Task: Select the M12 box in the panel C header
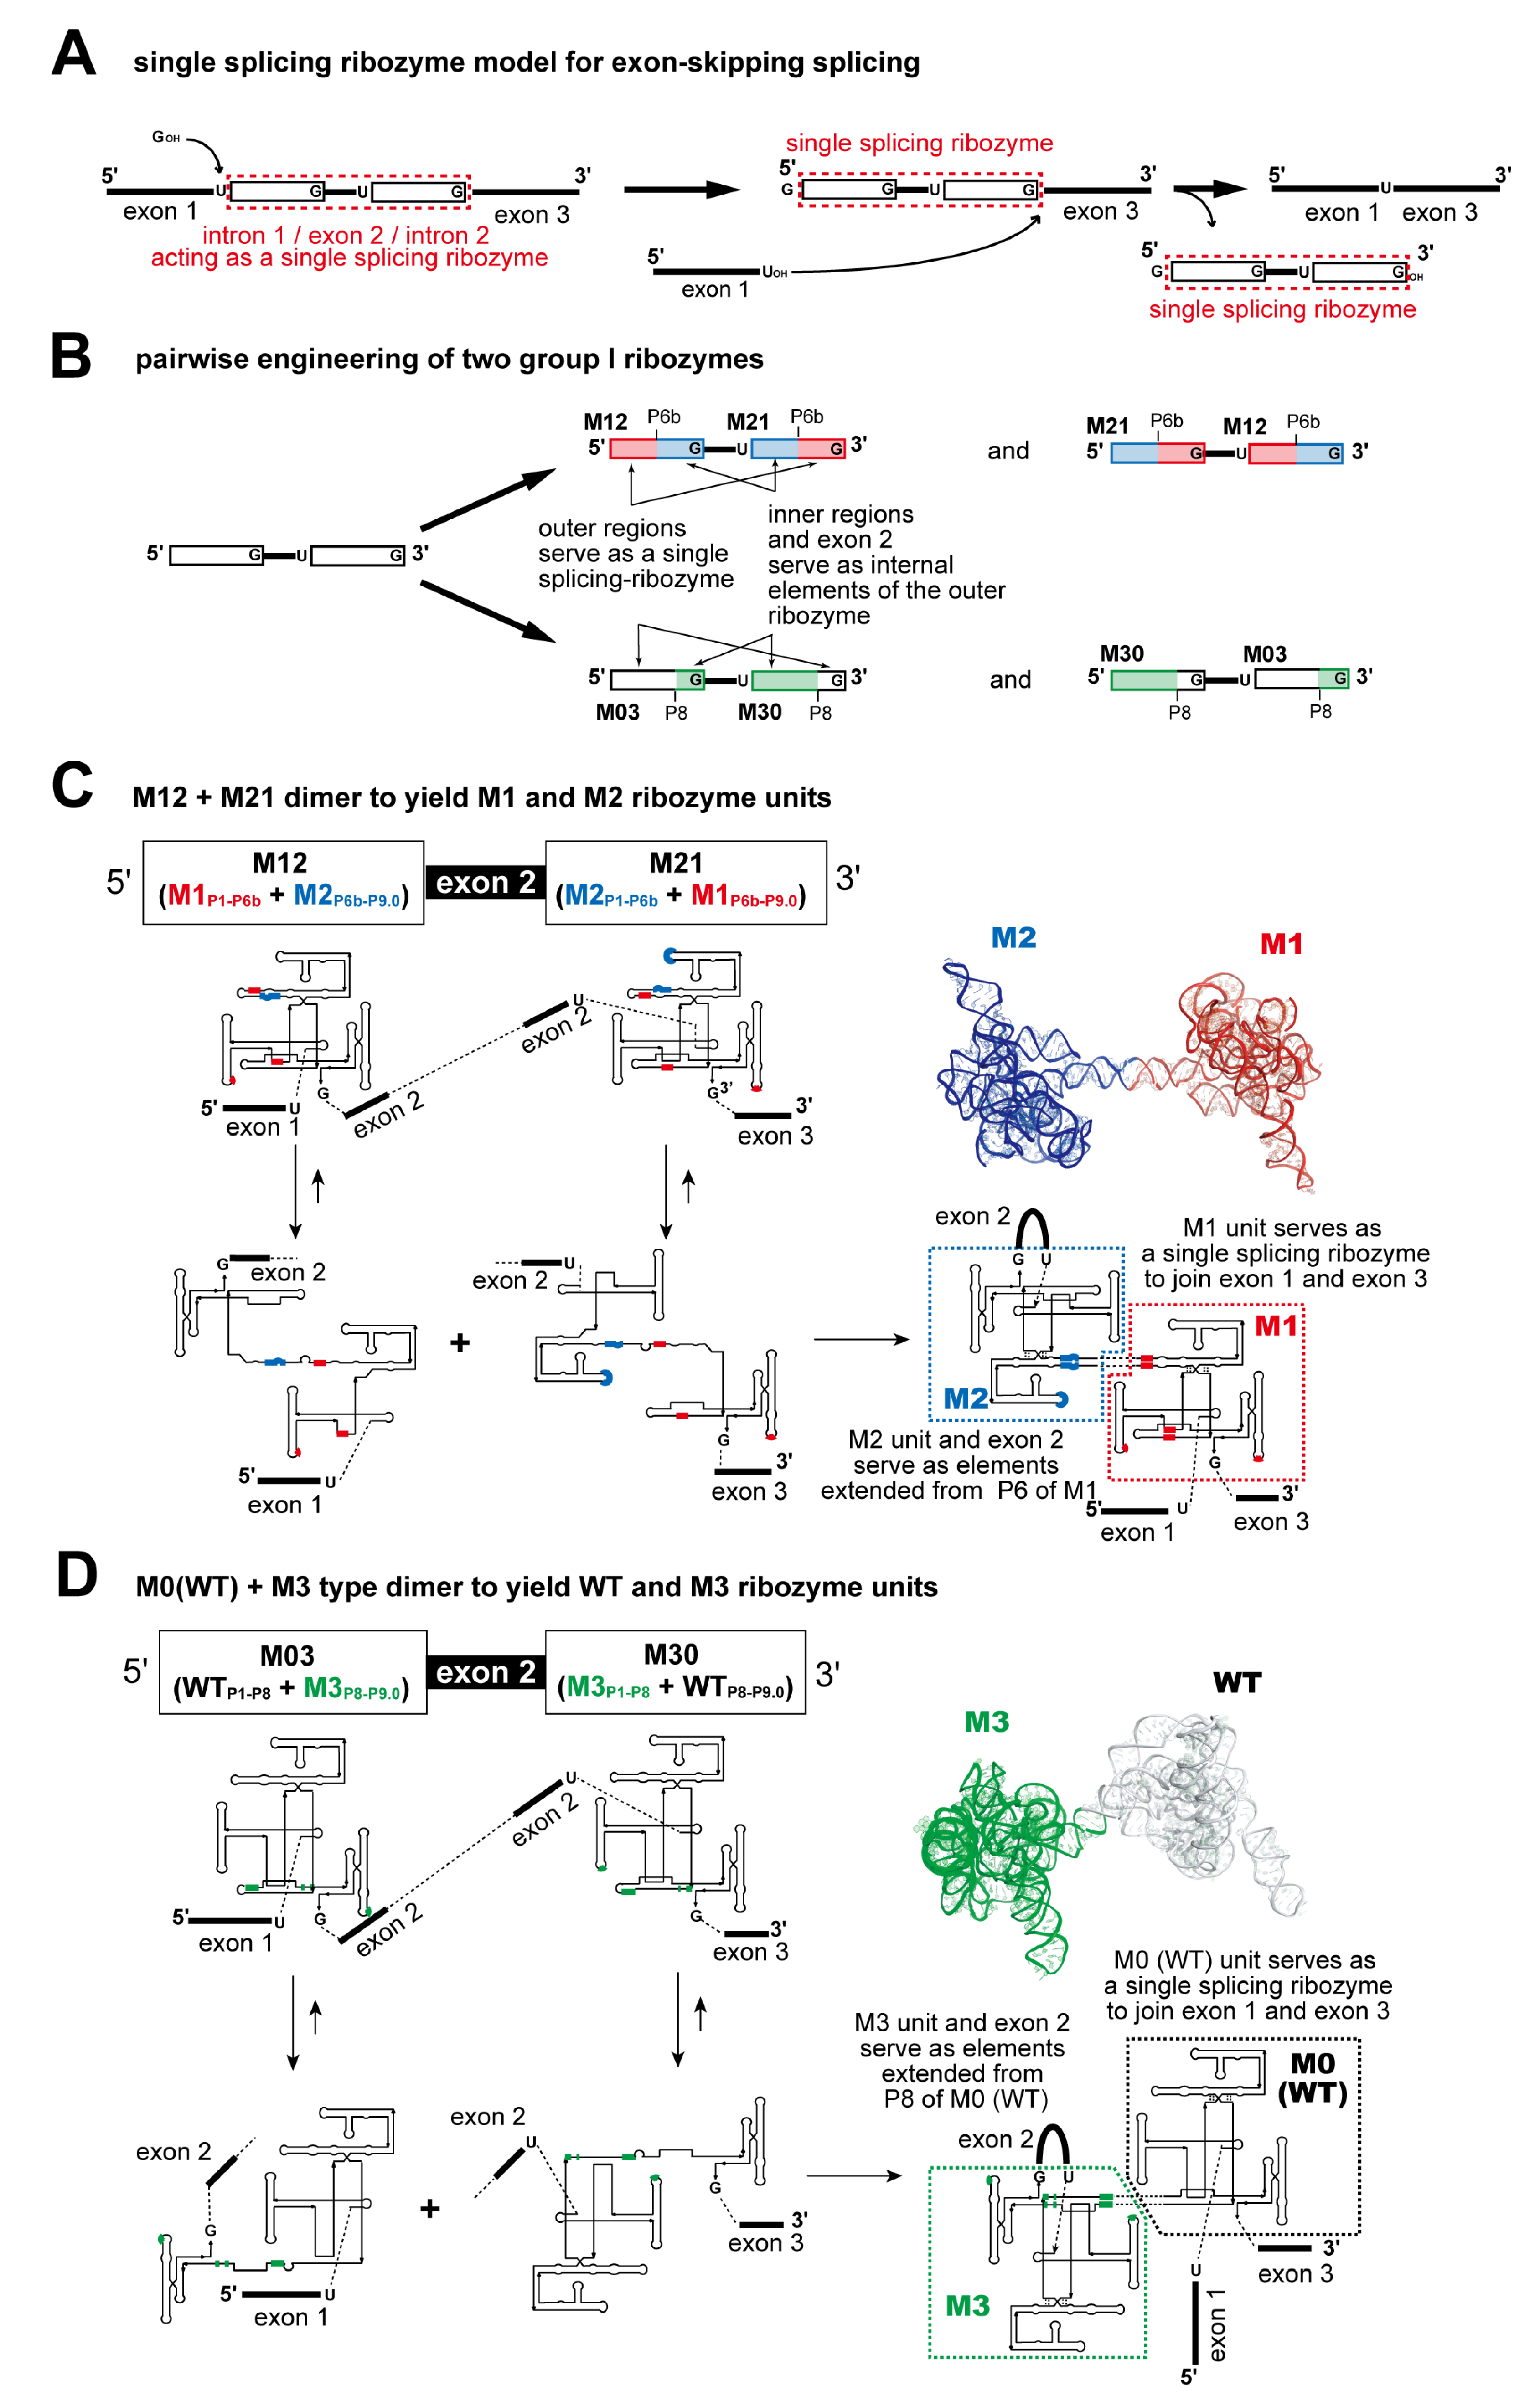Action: click(x=283, y=882)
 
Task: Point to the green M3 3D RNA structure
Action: click(x=999, y=1848)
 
